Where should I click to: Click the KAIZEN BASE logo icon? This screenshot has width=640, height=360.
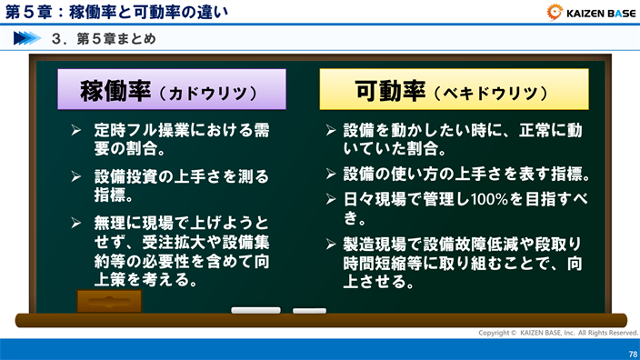click(x=555, y=13)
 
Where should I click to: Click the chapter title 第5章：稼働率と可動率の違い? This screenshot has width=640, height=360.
click(x=117, y=13)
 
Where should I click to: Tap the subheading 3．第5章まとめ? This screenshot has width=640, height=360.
click(x=105, y=39)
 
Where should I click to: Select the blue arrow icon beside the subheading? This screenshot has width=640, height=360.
click(x=27, y=39)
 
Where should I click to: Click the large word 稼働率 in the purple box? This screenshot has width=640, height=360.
click(x=115, y=91)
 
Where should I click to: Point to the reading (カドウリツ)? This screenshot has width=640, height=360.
click(x=213, y=94)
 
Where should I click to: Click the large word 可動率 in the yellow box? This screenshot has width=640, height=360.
click(x=390, y=91)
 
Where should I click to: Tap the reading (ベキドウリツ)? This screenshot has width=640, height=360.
click(x=491, y=94)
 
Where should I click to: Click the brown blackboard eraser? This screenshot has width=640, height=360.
click(x=109, y=301)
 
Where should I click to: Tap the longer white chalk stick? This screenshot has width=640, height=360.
click(x=255, y=311)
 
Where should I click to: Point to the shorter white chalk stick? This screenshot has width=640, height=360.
click(x=309, y=311)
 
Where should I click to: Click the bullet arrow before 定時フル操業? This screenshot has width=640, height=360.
click(x=77, y=131)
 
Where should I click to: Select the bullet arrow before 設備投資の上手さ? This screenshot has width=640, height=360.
click(x=77, y=175)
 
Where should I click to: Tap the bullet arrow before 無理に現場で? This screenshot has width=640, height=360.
click(x=77, y=222)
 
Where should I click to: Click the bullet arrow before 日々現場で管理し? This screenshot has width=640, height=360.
click(x=332, y=198)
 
